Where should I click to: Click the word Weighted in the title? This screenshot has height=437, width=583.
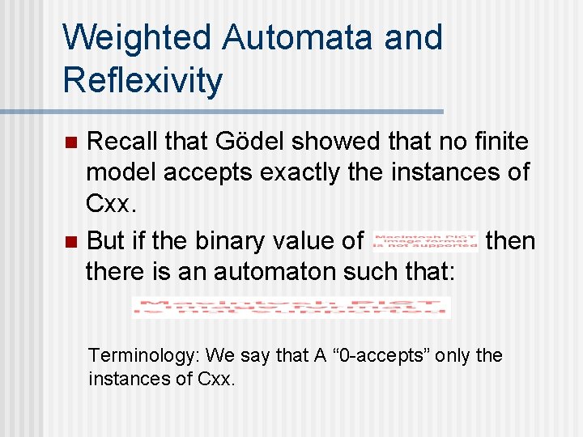pos(135,38)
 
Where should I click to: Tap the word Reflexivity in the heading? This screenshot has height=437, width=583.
pos(143,81)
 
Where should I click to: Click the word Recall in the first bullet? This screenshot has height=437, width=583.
pos(122,142)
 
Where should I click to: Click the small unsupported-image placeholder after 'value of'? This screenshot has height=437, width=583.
pos(425,240)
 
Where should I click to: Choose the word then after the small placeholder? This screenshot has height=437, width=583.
pos(510,240)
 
